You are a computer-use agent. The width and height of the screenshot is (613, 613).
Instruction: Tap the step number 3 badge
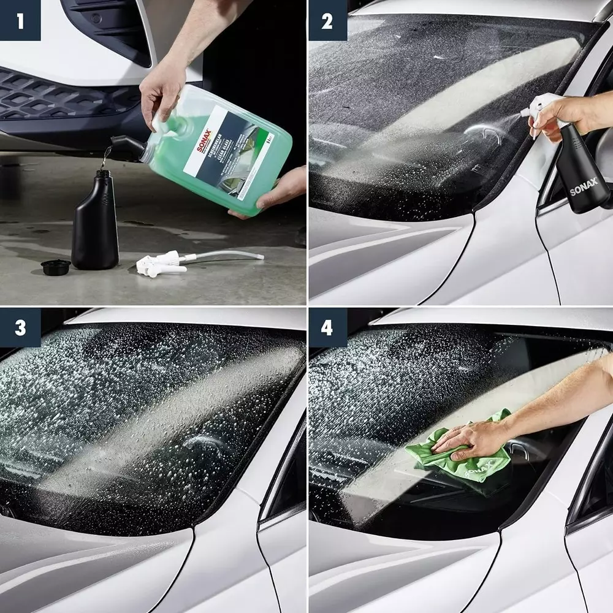tap(20, 327)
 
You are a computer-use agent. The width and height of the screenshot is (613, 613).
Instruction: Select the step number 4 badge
tap(327, 327)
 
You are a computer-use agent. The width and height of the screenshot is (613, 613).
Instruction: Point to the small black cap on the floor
tap(56, 267)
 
